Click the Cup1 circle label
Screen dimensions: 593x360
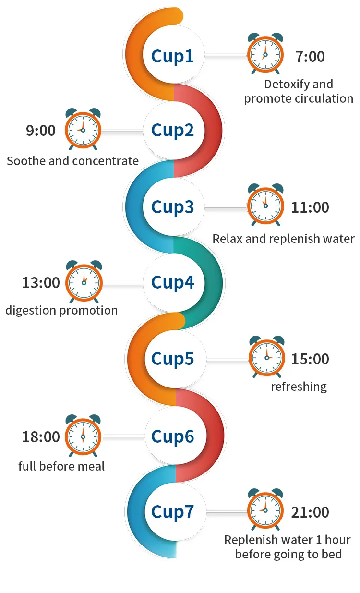point(172,56)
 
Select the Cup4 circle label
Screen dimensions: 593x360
point(172,282)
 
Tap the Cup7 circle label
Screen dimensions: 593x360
point(172,512)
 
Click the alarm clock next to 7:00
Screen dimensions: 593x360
point(265,54)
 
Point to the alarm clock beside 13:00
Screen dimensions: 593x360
point(84,281)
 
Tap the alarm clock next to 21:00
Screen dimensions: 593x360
point(265,509)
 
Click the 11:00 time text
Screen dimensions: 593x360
point(310,207)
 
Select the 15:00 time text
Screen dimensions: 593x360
point(310,359)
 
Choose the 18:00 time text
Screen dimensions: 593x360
point(41,437)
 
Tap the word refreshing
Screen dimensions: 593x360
point(299,387)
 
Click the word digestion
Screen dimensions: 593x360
point(30,311)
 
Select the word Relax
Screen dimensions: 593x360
point(228,239)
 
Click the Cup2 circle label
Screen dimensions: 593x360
point(172,130)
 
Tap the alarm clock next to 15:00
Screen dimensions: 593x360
point(266,357)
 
